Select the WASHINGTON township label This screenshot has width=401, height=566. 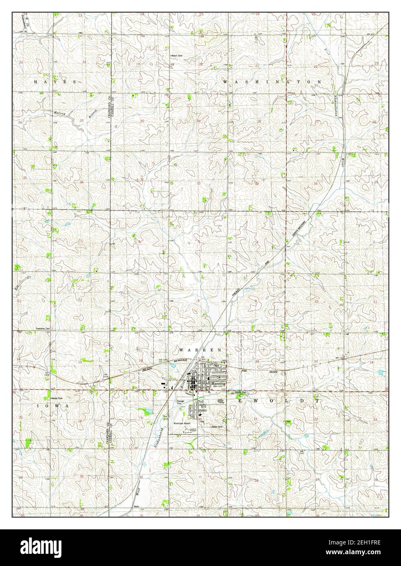[x=272, y=82]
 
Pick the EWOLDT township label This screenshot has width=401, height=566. [x=277, y=401]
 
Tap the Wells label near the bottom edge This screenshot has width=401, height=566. [x=137, y=507]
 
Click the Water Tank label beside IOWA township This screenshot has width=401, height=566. [x=57, y=398]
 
